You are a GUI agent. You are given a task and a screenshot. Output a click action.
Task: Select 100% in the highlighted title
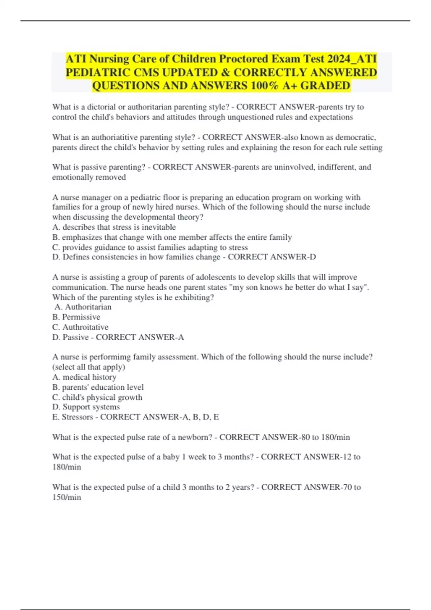coord(267,86)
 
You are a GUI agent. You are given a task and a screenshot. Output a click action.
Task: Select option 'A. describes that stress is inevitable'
coord(114,227)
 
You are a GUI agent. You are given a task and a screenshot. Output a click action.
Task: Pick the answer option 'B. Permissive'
coord(76,317)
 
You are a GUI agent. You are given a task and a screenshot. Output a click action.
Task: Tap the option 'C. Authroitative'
coord(80,327)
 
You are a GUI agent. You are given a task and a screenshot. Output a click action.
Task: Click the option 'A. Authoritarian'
coord(83,307)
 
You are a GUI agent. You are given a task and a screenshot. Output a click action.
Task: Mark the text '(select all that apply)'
coord(89,367)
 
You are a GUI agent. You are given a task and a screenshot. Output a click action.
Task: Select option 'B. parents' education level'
coord(98,388)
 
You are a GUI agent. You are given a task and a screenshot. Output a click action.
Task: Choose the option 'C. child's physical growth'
coord(97,398)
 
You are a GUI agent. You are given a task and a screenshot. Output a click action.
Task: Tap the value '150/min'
coord(67,498)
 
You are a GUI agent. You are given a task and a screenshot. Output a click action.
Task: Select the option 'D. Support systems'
coord(86,407)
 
